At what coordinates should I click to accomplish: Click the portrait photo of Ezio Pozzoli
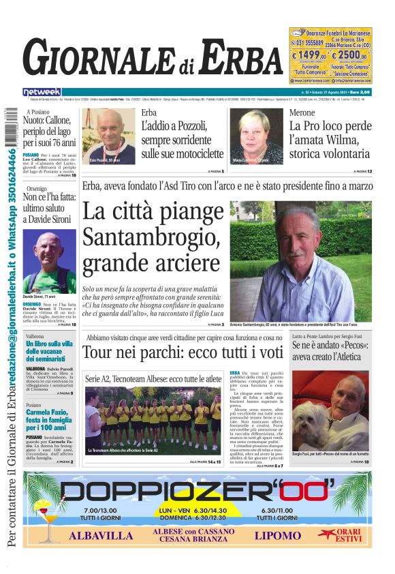[109, 136]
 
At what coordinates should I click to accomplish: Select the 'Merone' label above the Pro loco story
[302, 112]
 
